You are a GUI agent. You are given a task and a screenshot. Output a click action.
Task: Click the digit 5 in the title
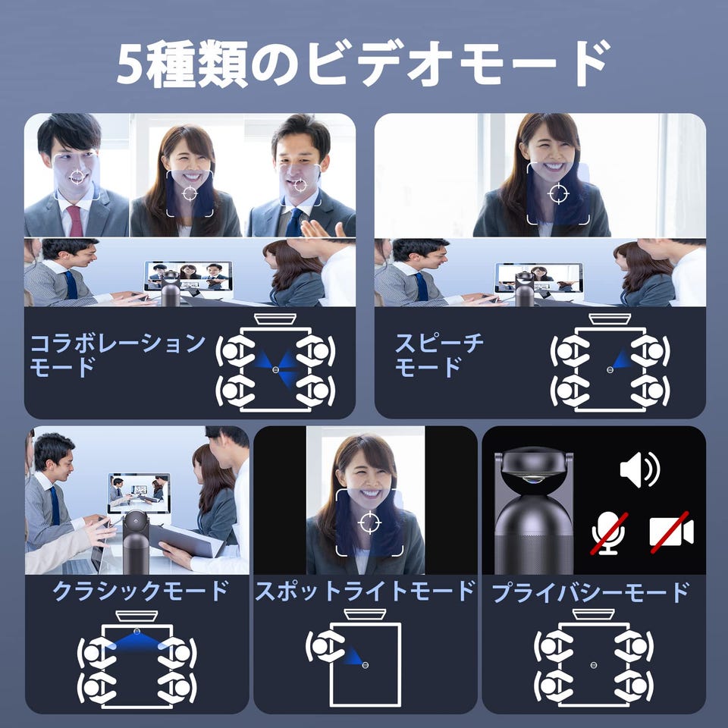(130, 63)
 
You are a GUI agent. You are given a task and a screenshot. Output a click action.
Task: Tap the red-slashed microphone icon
(609, 533)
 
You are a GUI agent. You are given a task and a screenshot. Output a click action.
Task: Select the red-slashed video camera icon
(671, 532)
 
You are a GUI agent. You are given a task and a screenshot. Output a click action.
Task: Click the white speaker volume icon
(639, 469)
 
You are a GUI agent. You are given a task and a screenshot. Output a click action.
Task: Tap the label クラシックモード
(140, 591)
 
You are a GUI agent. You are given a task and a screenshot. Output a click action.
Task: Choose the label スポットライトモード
(365, 591)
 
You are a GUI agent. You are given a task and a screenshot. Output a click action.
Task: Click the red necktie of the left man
(75, 221)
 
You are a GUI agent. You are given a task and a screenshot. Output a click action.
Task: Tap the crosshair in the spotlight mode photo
(369, 522)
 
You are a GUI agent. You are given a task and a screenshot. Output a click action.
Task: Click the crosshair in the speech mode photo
(559, 193)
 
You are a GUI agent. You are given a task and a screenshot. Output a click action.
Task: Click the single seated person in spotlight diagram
(324, 646)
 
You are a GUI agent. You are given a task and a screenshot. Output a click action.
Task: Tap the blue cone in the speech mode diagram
(622, 359)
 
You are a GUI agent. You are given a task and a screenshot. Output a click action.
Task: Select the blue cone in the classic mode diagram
(136, 642)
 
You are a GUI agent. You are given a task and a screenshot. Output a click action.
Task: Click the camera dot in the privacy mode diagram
(593, 665)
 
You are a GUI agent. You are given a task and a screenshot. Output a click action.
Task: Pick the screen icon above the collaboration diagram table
(275, 319)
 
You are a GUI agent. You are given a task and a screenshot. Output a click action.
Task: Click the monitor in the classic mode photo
(139, 493)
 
